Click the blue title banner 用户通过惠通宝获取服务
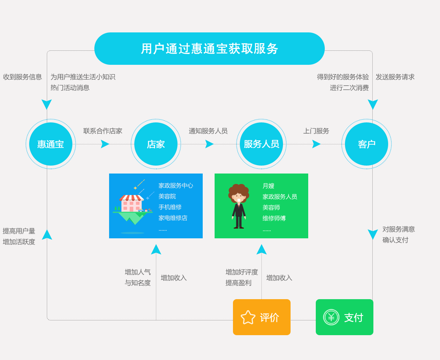210,49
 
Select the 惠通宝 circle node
51,144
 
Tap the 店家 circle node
156,144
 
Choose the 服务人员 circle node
261,144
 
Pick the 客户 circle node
367,144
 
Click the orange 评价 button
262,317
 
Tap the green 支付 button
345,317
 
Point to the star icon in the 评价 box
248,318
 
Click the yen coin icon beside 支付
331,317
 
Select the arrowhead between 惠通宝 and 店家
105,144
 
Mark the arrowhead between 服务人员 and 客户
316,144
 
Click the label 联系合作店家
103,131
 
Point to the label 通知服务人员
208,131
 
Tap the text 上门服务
316,131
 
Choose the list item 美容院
167,196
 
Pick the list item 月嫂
268,186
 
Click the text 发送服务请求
395,77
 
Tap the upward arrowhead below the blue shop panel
156,249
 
